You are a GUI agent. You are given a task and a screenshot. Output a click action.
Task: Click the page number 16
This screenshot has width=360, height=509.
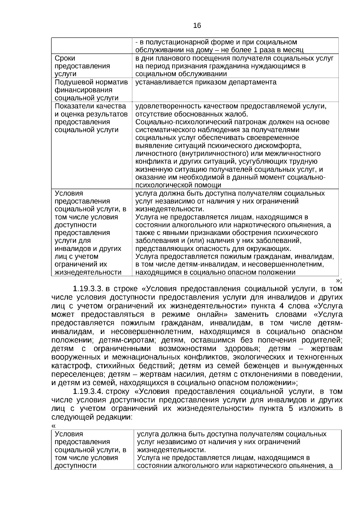[197, 26]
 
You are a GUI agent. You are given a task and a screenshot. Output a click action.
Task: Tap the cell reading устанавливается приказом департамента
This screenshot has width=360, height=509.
[206, 82]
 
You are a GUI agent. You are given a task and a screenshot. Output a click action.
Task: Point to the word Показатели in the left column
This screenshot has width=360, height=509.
[73, 106]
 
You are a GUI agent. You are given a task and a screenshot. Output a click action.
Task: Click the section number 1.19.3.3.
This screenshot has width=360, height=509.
[88, 289]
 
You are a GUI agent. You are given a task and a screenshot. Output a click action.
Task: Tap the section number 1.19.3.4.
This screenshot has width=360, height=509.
[88, 391]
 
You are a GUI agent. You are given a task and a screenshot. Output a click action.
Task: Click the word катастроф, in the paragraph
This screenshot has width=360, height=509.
[67, 366]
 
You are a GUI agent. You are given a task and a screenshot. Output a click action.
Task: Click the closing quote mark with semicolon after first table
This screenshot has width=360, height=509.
[339, 280]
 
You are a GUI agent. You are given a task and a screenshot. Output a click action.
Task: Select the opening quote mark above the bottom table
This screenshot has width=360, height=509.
[53, 426]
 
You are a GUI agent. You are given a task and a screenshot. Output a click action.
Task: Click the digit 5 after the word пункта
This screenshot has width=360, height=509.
[291, 409]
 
